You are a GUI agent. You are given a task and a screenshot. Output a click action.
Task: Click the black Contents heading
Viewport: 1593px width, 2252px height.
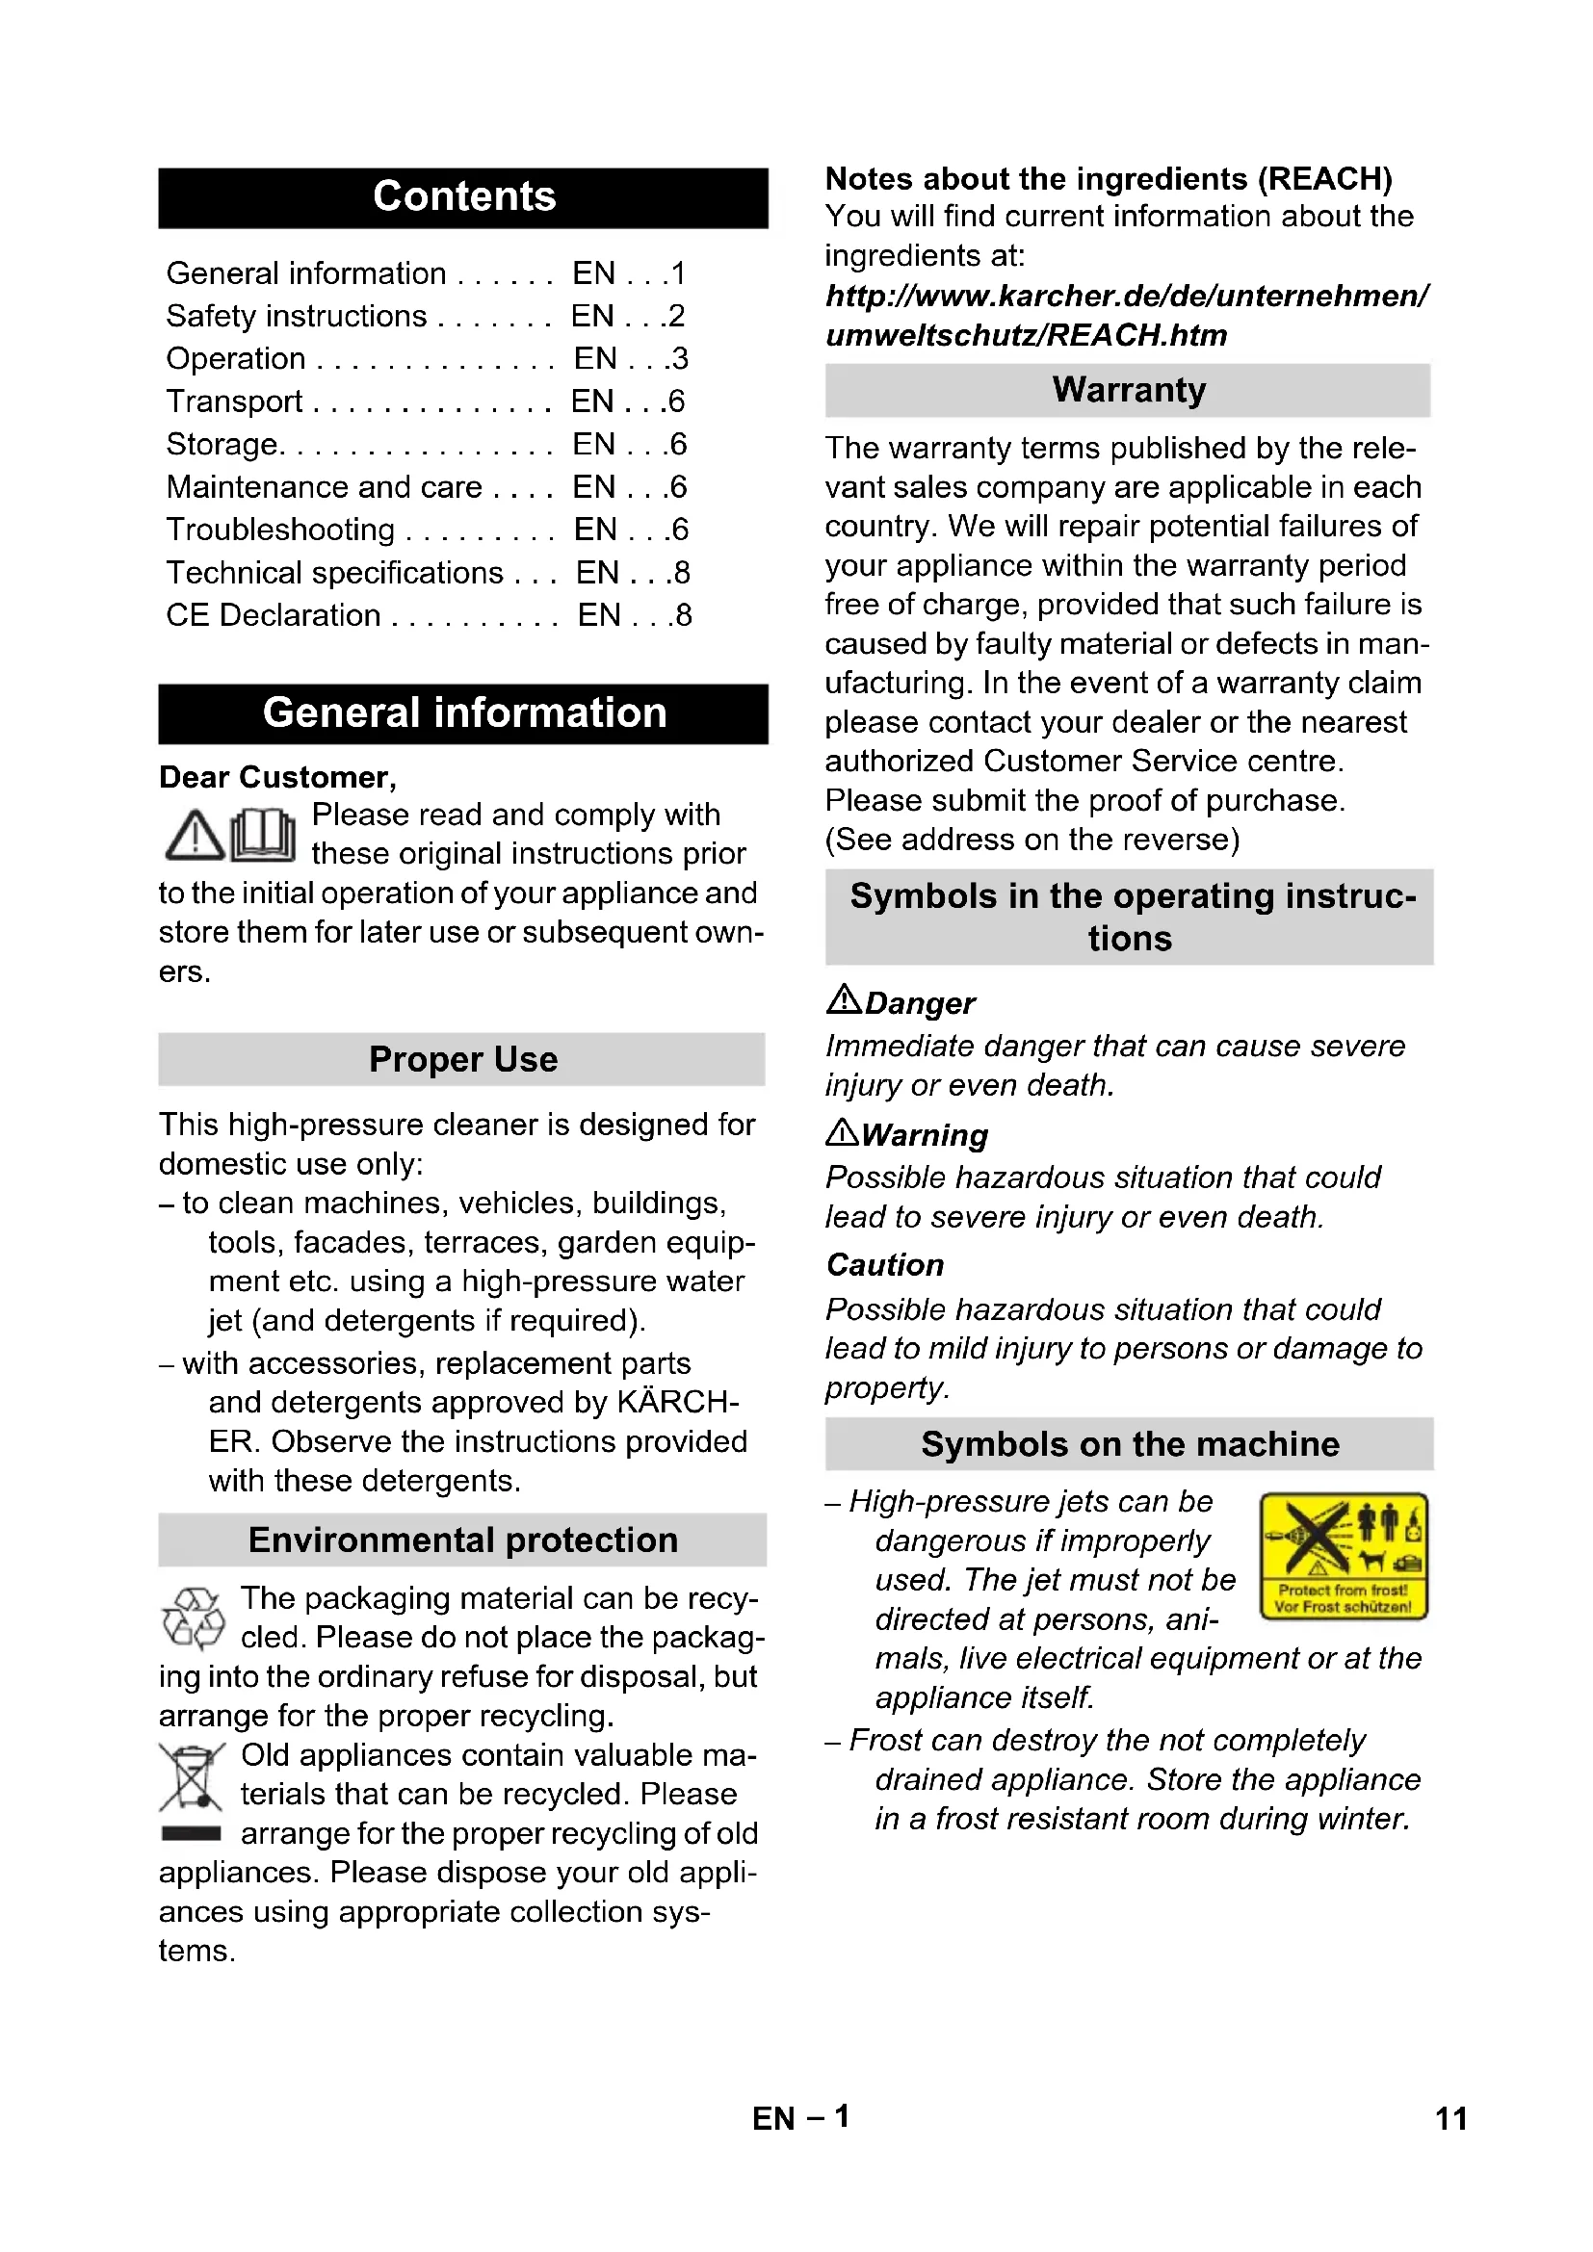463,197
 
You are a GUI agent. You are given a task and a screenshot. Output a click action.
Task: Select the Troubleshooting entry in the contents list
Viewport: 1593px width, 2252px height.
280,530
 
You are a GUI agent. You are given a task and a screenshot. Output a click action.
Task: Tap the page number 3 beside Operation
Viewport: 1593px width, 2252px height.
680,359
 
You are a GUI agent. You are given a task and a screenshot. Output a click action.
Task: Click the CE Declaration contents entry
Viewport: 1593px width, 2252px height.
273,615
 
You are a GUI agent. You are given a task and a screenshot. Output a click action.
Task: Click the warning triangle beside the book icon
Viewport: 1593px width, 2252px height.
195,837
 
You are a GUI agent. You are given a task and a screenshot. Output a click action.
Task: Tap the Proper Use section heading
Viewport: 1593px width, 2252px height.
462,1059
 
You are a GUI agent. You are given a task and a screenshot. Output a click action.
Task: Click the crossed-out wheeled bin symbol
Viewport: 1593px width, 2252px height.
192,1776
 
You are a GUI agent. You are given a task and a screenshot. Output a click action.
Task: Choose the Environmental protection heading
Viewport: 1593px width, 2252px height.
462,1540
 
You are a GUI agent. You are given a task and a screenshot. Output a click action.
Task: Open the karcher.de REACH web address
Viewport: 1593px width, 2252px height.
1126,315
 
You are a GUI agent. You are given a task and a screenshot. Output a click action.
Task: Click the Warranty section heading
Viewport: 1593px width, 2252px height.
1128,390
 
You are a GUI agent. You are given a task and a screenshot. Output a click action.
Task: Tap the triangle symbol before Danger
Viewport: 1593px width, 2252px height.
843,999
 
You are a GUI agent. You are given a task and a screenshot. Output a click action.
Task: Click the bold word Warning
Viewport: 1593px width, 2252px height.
924,1135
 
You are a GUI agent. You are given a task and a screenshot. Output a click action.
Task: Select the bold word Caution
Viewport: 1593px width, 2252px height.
885,1265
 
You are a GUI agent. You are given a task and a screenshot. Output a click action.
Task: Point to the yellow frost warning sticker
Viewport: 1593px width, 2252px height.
1343,1557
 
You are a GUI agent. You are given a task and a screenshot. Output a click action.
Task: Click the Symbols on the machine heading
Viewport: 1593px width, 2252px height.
1129,1444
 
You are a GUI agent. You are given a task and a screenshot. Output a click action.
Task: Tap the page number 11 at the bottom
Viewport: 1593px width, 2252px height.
1450,2118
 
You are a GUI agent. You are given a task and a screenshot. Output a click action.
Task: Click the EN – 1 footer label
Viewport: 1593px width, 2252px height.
800,2117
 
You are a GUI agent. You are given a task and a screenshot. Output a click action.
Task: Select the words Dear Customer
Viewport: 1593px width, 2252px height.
277,777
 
